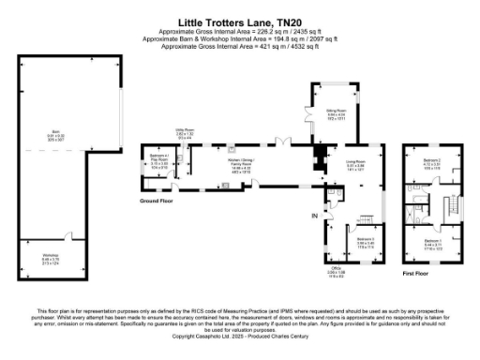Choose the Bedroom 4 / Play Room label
(159, 160)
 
